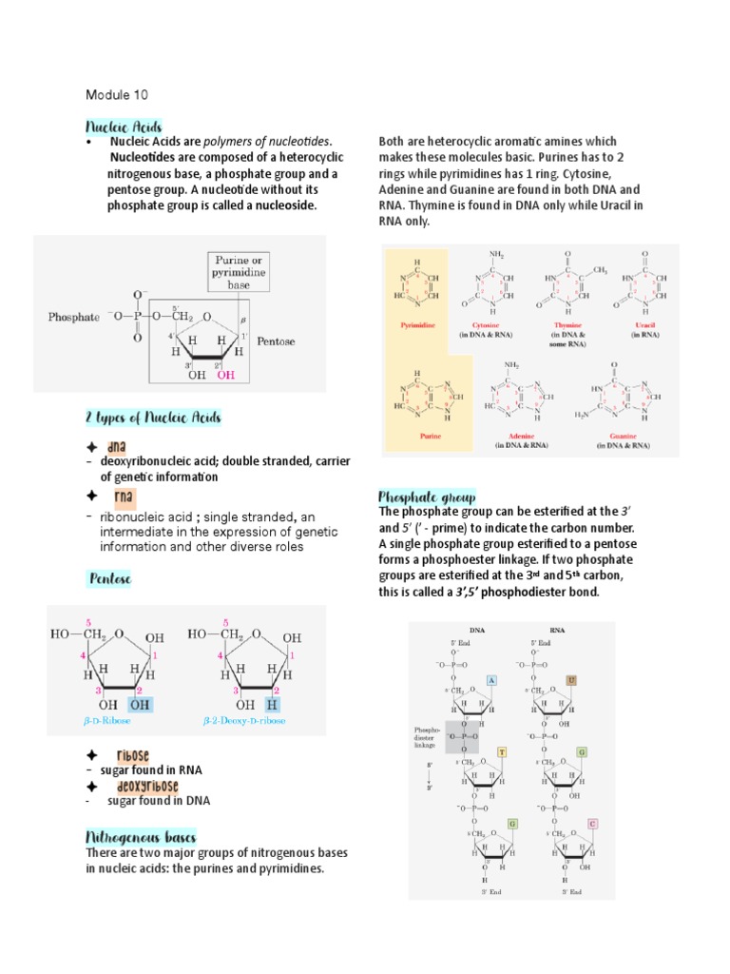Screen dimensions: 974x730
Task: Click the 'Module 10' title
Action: [x=117, y=95]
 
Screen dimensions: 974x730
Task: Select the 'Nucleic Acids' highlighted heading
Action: [x=124, y=127]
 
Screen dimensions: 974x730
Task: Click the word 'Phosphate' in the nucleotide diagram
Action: [x=74, y=318]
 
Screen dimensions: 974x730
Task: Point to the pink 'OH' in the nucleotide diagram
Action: [x=225, y=375]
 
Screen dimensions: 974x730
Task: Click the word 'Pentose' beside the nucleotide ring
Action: [x=277, y=341]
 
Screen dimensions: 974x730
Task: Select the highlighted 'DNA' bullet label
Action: [x=118, y=447]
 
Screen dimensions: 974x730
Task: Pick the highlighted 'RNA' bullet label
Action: [x=124, y=497]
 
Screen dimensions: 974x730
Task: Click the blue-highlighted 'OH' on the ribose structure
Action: [x=139, y=705]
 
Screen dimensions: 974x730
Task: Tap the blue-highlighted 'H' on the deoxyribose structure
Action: [x=273, y=705]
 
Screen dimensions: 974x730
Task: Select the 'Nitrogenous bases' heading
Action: [x=140, y=838]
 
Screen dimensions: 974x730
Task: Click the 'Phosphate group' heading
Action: [x=427, y=497]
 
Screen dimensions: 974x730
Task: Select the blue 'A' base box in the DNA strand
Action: [x=492, y=680]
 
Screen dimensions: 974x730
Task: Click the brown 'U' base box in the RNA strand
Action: [x=571, y=680]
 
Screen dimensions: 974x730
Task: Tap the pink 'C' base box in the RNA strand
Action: [x=592, y=824]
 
